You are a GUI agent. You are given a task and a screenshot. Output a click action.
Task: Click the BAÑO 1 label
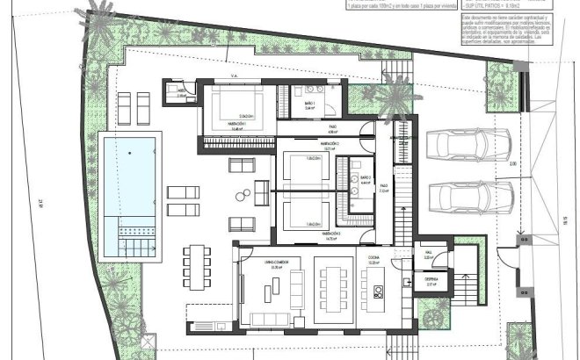click(x=309, y=103)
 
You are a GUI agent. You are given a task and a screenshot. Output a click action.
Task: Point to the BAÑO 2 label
click(x=365, y=177)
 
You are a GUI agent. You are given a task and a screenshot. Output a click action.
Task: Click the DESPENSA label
click(x=431, y=282)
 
